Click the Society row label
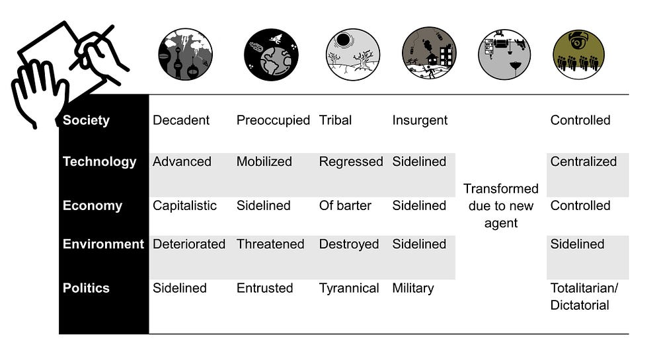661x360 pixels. [x=86, y=120]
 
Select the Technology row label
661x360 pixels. [x=99, y=162]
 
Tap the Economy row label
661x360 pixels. [x=92, y=205]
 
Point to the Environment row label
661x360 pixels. [x=103, y=244]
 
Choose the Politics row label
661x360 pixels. [x=86, y=288]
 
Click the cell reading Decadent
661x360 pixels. [x=181, y=120]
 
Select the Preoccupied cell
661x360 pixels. [x=273, y=120]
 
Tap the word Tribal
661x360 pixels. [x=335, y=120]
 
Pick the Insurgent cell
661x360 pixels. [x=420, y=120]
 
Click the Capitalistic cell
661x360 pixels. [x=184, y=205]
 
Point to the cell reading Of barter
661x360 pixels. [x=345, y=205]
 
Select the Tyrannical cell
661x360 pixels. [x=349, y=288]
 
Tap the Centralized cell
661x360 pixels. [x=583, y=162]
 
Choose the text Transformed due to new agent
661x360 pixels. [x=501, y=205]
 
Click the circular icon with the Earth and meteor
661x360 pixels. [x=270, y=54]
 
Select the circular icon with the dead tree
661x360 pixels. [x=352, y=54]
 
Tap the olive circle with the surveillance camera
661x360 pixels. [x=578, y=54]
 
